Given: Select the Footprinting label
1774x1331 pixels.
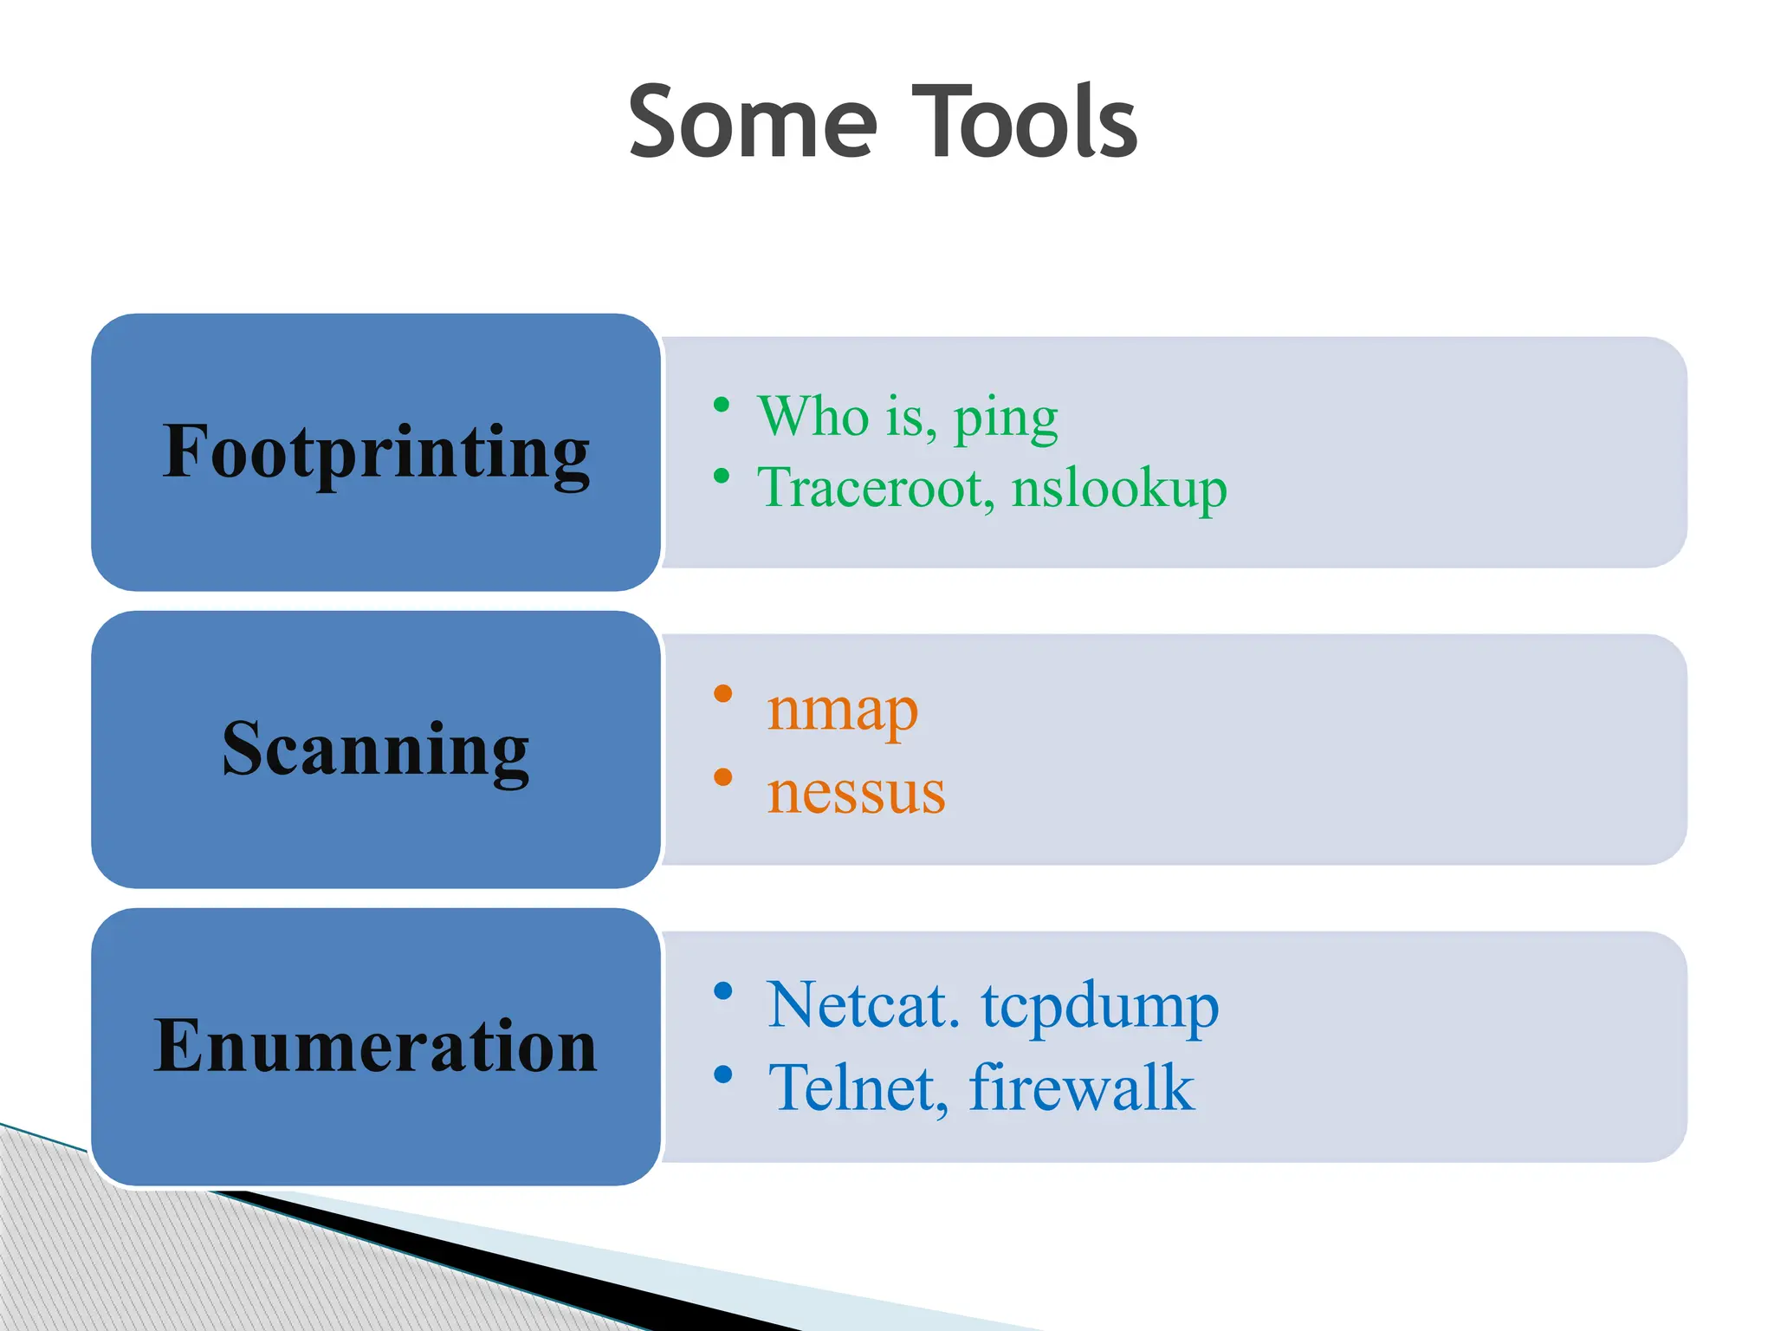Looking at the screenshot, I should click(x=376, y=451).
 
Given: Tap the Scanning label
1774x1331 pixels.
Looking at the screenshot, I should click(x=376, y=749).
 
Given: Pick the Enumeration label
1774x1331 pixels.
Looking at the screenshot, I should click(x=376, y=1046).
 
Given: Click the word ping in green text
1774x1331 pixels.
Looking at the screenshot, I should click(x=1006, y=419).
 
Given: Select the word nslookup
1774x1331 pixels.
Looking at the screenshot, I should click(x=1119, y=489).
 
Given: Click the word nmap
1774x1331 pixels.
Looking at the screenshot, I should click(x=842, y=711).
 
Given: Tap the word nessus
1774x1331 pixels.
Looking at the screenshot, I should click(x=856, y=792).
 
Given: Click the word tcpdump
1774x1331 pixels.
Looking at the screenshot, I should click(x=1099, y=1008).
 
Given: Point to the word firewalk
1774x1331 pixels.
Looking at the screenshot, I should click(x=1081, y=1088).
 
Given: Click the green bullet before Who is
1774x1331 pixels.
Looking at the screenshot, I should click(x=722, y=405).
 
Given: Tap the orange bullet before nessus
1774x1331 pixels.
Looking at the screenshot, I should click(x=723, y=776).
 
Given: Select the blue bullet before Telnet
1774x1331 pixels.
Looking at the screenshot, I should click(x=723, y=1075).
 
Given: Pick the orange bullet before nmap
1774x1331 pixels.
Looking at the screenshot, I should click(x=723, y=693).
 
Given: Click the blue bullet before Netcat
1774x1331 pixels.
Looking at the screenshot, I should click(x=723, y=991).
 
